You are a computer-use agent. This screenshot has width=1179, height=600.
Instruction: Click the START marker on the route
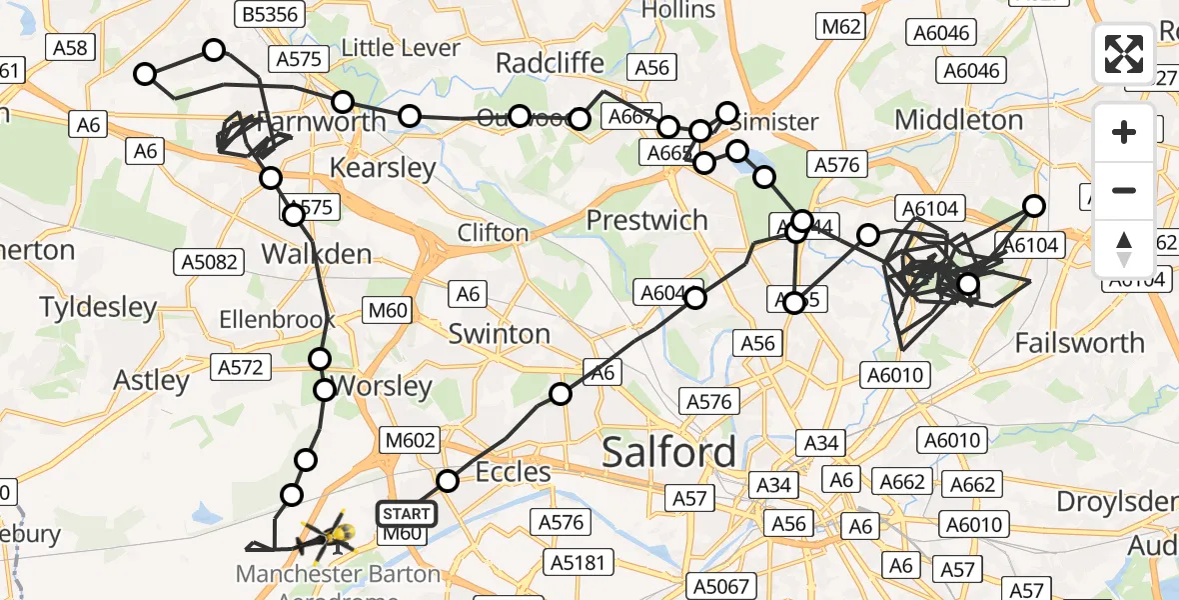coord(407,515)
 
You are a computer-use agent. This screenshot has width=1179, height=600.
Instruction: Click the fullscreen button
coord(1124,54)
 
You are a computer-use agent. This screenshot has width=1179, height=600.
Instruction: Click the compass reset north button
coord(1124,249)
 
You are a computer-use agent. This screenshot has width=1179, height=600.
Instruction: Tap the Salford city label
coord(668,453)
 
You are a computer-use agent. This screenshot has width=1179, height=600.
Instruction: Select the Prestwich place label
coord(647,220)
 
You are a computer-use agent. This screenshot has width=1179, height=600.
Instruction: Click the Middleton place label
coord(959,120)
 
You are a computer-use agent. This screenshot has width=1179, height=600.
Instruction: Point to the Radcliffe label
coord(550,63)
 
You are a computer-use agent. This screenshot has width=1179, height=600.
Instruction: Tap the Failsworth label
coord(1079,343)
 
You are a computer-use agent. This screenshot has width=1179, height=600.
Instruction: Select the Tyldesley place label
coord(98,307)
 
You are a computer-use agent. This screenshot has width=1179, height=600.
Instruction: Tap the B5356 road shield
coord(270,13)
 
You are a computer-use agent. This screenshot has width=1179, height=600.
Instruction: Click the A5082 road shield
coord(210,262)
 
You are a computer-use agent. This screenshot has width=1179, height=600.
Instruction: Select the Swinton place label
coord(500,333)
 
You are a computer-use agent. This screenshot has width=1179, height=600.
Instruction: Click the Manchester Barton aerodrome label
coord(338,575)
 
